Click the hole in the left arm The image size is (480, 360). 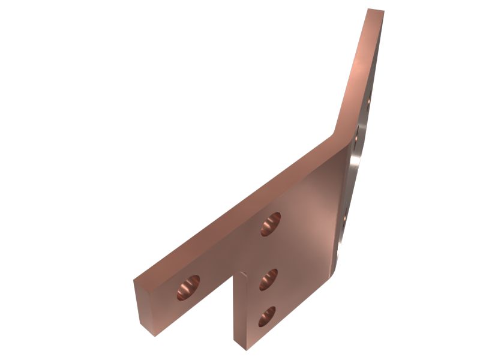pos(188,287)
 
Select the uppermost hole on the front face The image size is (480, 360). pos(271,223)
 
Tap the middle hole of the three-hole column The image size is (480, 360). pos(268,279)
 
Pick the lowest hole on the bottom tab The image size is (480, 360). pos(266,316)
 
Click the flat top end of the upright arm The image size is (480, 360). pos(376,11)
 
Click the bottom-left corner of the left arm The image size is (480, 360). pos(154,335)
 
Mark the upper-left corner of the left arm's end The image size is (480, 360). pos(134,280)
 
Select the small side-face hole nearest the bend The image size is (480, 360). pos(357,139)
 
